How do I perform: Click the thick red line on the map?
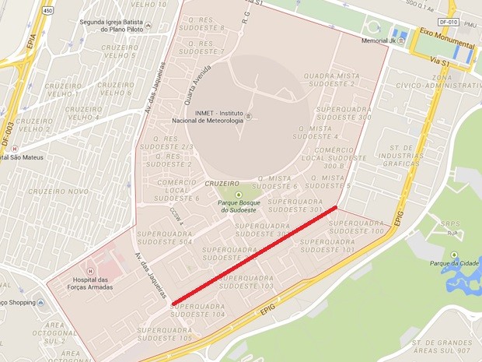254,255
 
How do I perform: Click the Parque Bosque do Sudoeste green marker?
239,194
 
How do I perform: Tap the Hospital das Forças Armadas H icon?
90,272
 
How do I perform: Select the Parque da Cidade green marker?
450,254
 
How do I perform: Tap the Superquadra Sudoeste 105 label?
164,334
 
